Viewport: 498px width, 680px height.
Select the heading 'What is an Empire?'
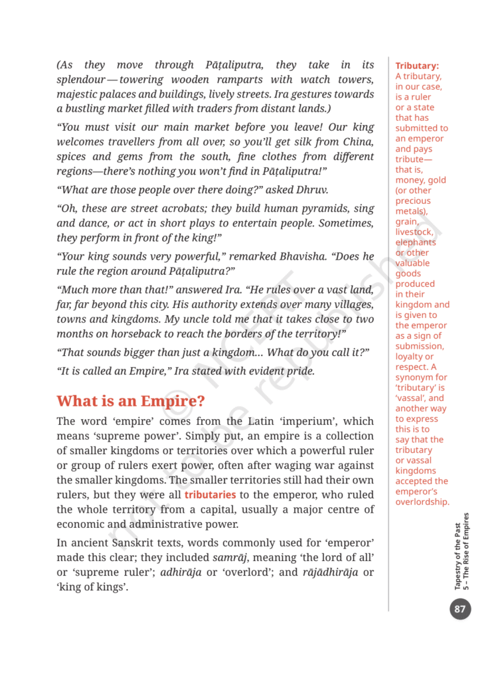[131, 401]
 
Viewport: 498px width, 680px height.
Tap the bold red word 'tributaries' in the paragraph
[210, 495]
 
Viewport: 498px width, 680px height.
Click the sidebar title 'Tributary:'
[417, 66]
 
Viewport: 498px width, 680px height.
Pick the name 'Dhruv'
[311, 189]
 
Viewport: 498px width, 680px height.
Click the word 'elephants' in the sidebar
[416, 242]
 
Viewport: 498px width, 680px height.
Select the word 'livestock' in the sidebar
[414, 232]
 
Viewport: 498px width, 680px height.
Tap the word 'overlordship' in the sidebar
[422, 502]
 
